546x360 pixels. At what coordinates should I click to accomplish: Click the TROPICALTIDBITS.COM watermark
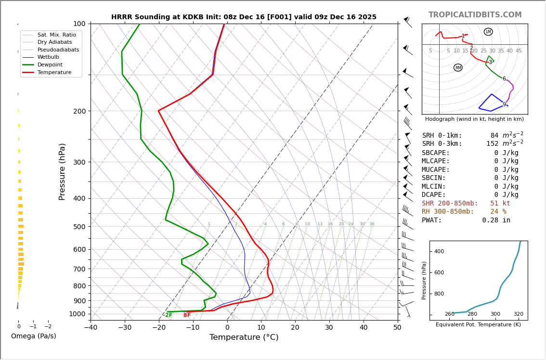(x=475, y=15)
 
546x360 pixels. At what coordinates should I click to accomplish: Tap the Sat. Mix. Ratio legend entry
(x=56, y=35)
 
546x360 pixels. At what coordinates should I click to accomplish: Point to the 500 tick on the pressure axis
(x=79, y=227)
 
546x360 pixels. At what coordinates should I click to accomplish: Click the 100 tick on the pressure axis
(x=79, y=24)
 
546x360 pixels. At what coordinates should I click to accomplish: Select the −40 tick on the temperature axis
(x=91, y=328)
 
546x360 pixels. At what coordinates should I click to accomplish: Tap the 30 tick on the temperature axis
(x=329, y=328)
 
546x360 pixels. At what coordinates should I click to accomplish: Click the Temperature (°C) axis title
(x=244, y=337)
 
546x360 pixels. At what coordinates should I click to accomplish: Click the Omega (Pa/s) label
(x=34, y=336)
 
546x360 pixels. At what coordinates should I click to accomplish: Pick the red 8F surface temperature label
(x=187, y=315)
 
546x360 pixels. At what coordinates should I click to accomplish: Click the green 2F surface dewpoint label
(x=168, y=315)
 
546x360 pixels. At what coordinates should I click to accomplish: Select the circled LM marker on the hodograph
(x=488, y=32)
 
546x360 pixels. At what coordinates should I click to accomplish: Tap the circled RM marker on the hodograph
(x=458, y=68)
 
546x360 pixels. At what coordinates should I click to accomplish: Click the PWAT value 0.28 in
(x=496, y=220)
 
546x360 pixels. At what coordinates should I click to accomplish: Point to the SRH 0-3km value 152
(x=492, y=144)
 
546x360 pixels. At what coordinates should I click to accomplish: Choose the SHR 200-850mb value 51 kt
(x=500, y=204)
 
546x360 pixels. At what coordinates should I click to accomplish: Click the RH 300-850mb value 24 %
(x=498, y=212)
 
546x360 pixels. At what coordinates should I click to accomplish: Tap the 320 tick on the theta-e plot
(x=518, y=314)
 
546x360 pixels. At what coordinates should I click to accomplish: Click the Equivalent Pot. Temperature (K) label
(x=478, y=325)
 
